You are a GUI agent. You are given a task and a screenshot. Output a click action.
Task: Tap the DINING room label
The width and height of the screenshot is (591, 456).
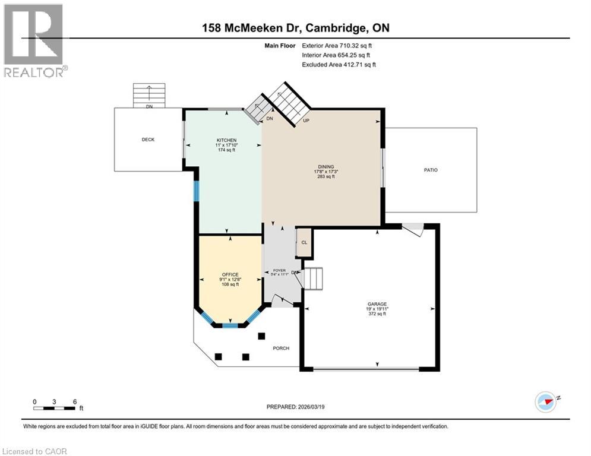[325, 167]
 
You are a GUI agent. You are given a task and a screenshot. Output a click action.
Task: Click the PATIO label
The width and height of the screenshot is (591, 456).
[431, 170]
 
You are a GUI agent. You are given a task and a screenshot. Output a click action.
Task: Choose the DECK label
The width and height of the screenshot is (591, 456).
[148, 140]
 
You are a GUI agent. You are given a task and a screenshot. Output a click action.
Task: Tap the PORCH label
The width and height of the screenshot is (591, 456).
[281, 348]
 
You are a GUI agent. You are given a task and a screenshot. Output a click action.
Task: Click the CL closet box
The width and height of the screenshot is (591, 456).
[304, 242]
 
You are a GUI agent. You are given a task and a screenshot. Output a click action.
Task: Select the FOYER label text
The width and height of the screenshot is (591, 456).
[280, 270]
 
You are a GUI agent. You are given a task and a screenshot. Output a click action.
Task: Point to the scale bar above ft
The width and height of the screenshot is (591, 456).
[55, 407]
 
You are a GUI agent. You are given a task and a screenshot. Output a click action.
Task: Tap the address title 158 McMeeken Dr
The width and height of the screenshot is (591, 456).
[295, 28]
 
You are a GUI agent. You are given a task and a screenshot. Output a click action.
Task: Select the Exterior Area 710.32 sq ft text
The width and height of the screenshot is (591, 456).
[337, 45]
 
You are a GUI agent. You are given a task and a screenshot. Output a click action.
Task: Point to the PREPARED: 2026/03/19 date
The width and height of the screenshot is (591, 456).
[295, 407]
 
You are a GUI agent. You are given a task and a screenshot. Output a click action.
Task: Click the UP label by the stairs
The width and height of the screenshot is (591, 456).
[306, 121]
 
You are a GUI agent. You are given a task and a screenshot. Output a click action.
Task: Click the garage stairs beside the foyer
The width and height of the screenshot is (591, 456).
[312, 277]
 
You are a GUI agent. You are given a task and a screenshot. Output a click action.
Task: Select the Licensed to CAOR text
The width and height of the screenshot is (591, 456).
[34, 451]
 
